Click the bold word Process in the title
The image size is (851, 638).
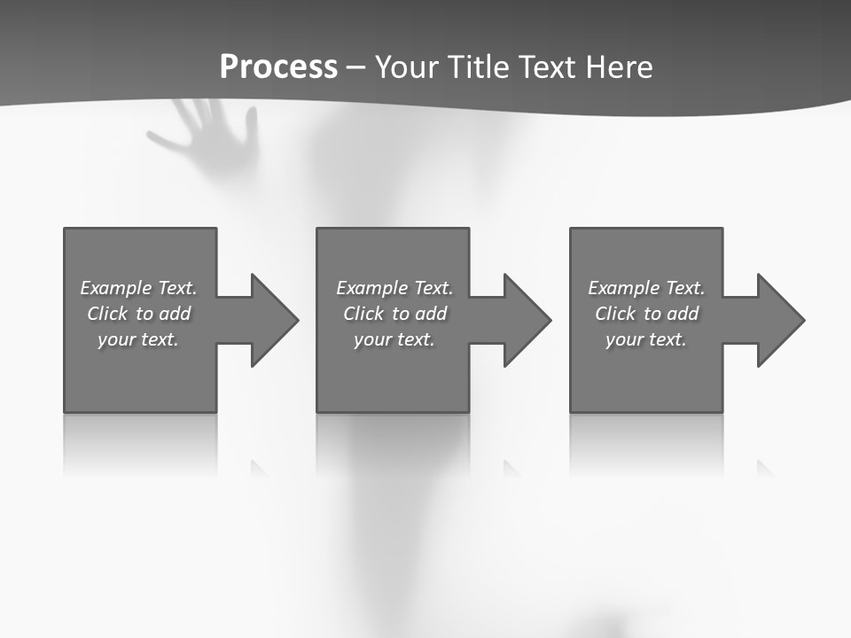click(x=278, y=67)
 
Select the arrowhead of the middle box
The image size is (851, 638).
click(x=525, y=320)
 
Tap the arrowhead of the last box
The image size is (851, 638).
click(x=778, y=320)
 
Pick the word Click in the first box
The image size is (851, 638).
click(x=107, y=314)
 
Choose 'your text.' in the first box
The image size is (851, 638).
click(x=138, y=339)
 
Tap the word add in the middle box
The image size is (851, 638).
click(x=431, y=314)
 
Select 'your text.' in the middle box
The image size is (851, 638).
click(x=394, y=339)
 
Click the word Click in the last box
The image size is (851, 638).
click(x=615, y=314)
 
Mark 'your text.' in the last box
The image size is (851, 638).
click(x=646, y=339)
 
